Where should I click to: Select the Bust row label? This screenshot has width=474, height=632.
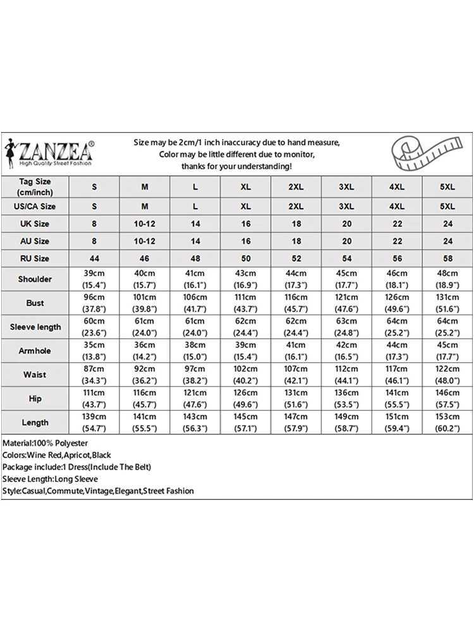(x=35, y=303)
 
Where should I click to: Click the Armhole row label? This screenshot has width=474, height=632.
(x=35, y=350)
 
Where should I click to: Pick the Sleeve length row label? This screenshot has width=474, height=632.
(x=35, y=327)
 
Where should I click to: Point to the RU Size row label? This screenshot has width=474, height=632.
(x=35, y=258)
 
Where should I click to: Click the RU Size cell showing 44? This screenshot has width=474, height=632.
(x=94, y=258)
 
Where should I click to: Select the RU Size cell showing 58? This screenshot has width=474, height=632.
(x=447, y=258)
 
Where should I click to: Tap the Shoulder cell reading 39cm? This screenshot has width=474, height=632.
(x=94, y=279)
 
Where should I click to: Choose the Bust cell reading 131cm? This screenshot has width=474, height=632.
(x=447, y=303)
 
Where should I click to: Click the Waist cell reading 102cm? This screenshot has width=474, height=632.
(x=246, y=374)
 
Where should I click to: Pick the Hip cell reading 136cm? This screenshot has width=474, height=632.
(x=346, y=398)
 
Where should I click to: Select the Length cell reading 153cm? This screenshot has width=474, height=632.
(x=447, y=422)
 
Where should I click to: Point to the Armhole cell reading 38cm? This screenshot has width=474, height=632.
(x=195, y=350)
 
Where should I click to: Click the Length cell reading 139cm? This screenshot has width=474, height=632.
(x=94, y=422)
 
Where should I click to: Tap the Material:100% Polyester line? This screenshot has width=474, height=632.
(x=46, y=444)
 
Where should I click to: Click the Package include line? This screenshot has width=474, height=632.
(x=76, y=467)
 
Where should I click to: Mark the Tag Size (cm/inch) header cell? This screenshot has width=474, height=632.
(x=35, y=186)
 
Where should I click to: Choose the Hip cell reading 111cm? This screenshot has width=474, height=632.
(x=94, y=398)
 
